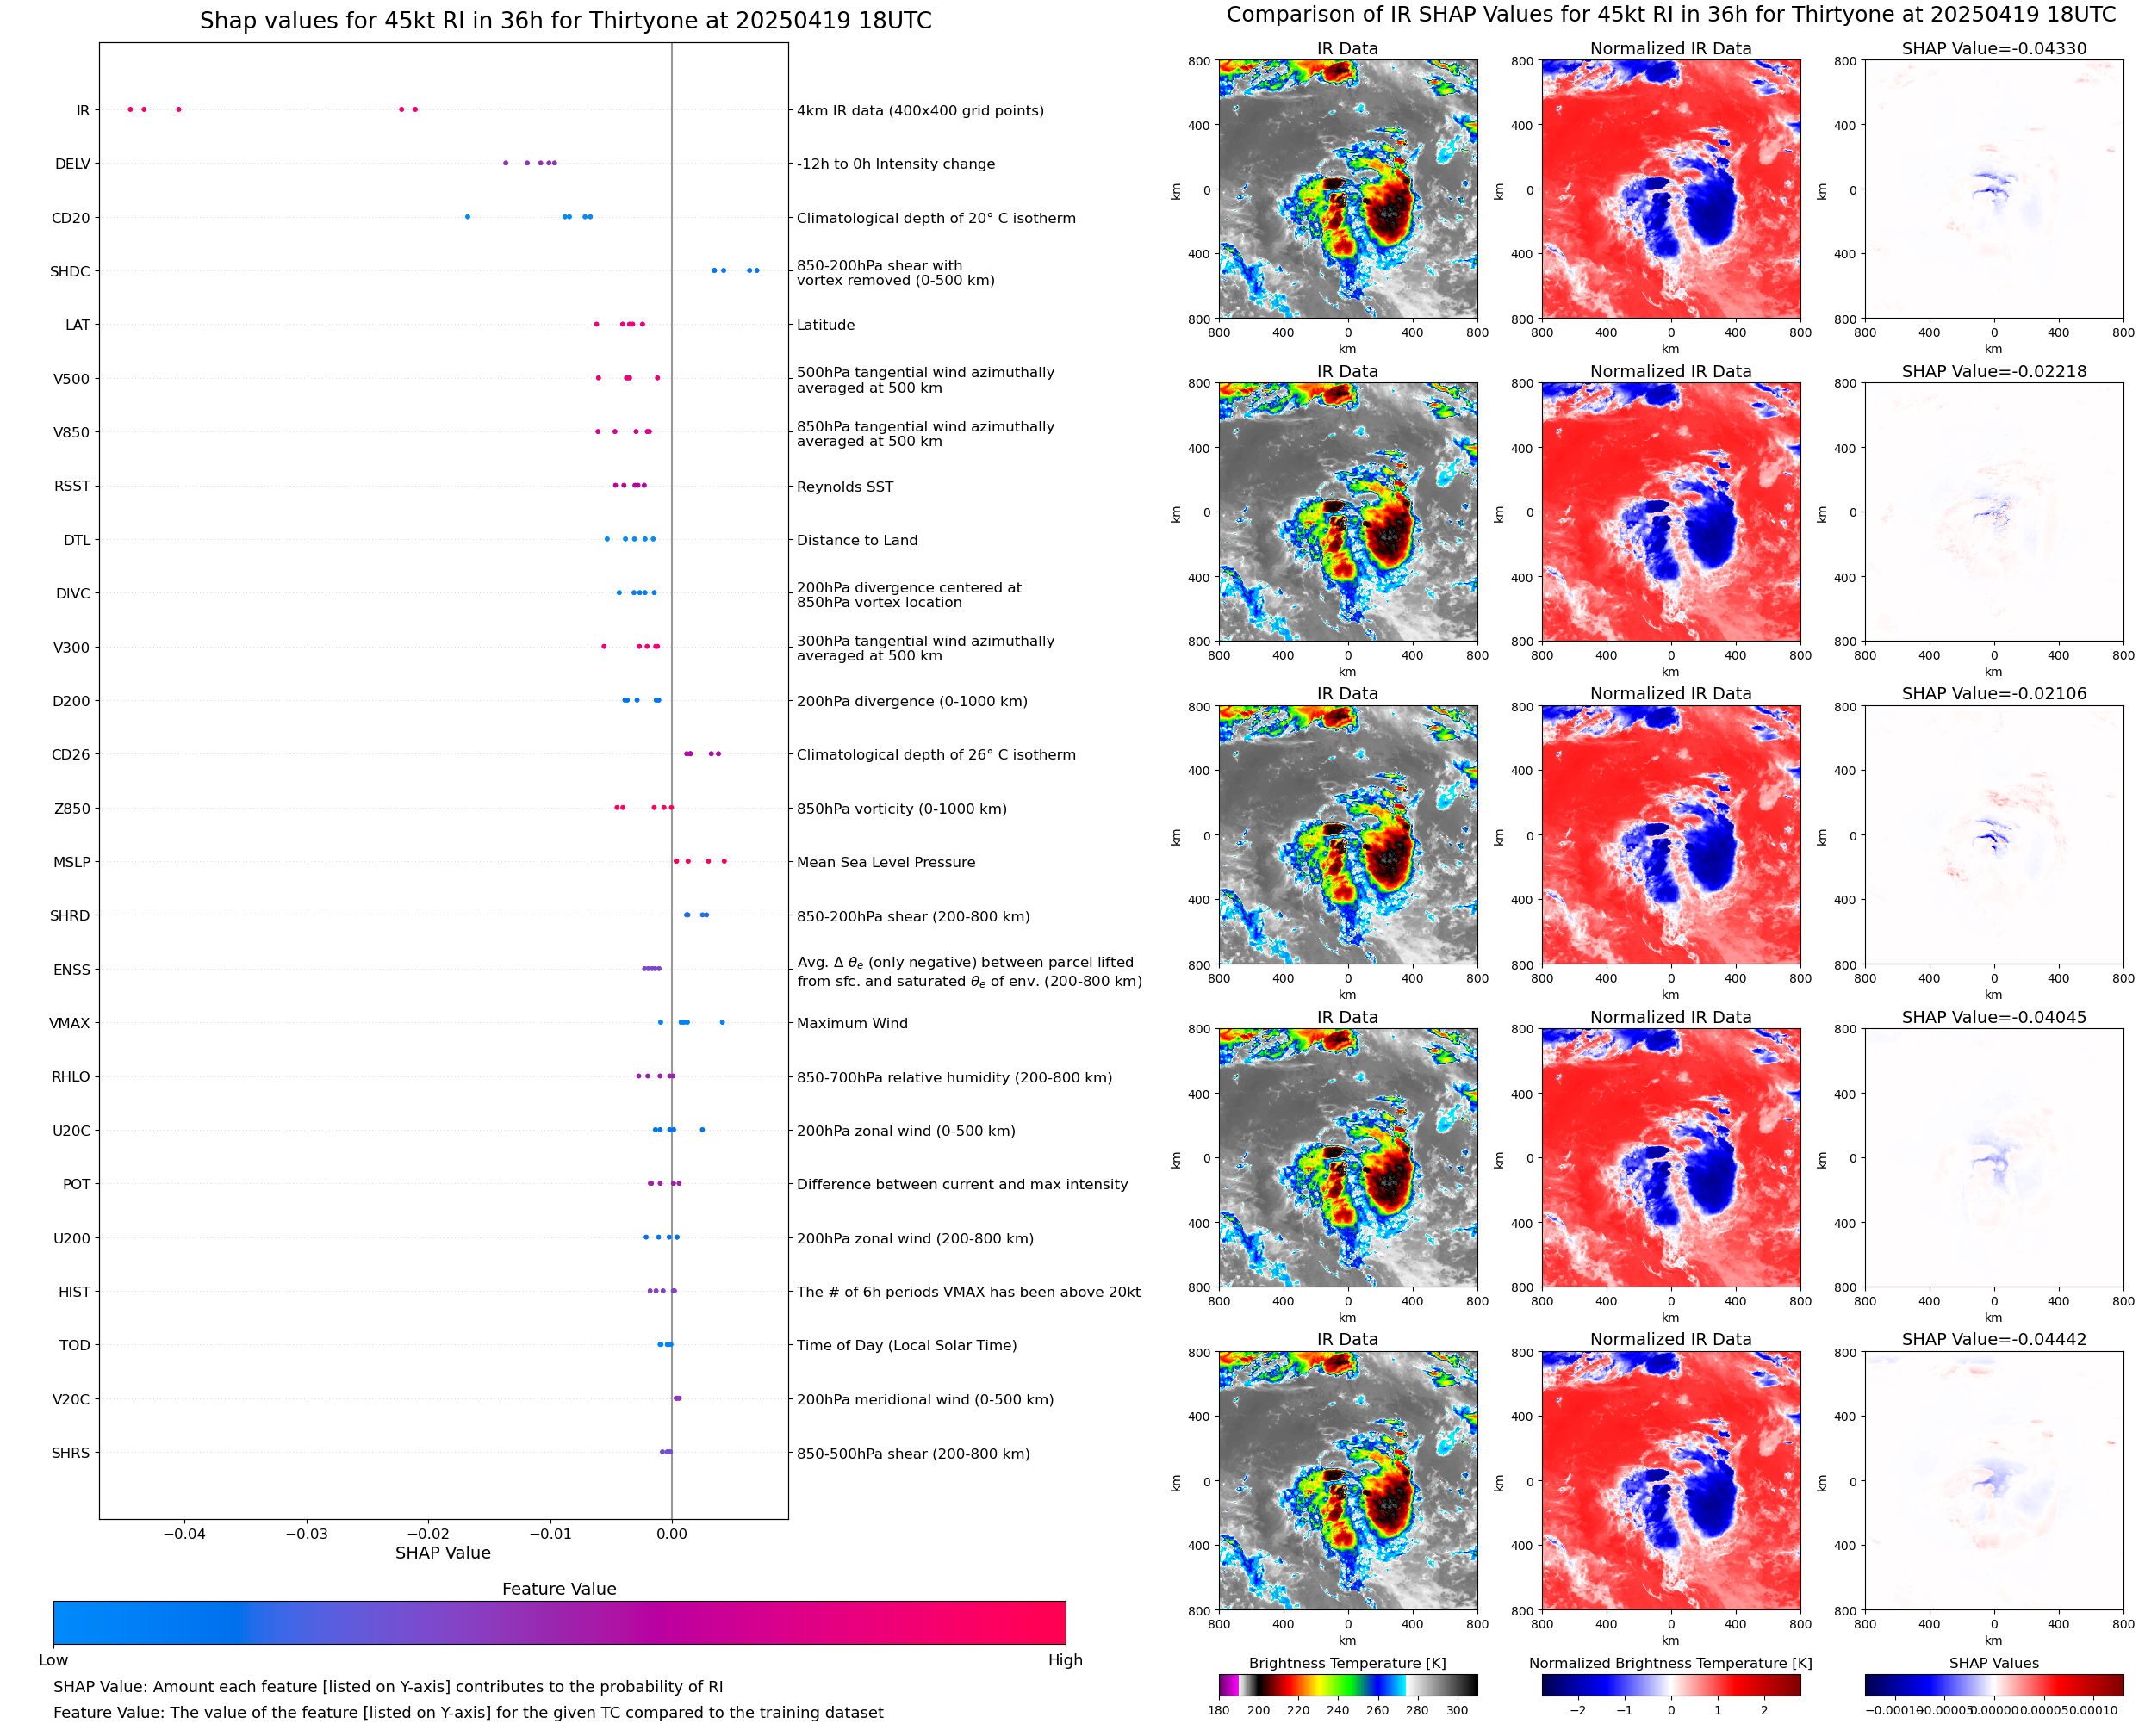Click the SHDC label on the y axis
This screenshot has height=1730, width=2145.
(70, 271)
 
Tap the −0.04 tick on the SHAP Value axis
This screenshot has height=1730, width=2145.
(184, 1534)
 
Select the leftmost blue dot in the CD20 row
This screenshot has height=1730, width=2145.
(468, 216)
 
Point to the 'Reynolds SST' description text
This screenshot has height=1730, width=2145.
(844, 487)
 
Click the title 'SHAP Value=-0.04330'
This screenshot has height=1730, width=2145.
(1993, 48)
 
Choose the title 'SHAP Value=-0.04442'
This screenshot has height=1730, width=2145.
(1993, 1339)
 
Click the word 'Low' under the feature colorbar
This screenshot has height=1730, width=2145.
(53, 1660)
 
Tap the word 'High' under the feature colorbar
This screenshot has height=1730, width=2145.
(1065, 1660)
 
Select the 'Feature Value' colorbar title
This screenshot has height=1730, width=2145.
(559, 1589)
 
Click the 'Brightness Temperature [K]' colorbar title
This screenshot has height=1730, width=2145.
(1346, 1663)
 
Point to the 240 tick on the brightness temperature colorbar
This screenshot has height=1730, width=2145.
(1338, 1710)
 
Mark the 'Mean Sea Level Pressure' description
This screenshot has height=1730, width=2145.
(885, 862)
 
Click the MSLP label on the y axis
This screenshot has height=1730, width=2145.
(71, 862)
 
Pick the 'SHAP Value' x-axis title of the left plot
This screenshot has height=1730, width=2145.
(443, 1553)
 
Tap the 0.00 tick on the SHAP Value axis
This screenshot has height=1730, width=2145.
(672, 1534)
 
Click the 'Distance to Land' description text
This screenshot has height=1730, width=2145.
(856, 540)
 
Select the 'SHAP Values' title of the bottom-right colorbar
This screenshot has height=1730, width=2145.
(1993, 1663)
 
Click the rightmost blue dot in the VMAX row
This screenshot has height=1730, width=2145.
(723, 1022)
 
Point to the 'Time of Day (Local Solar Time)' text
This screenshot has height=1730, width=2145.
(906, 1345)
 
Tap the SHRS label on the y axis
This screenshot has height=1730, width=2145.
(71, 1453)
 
